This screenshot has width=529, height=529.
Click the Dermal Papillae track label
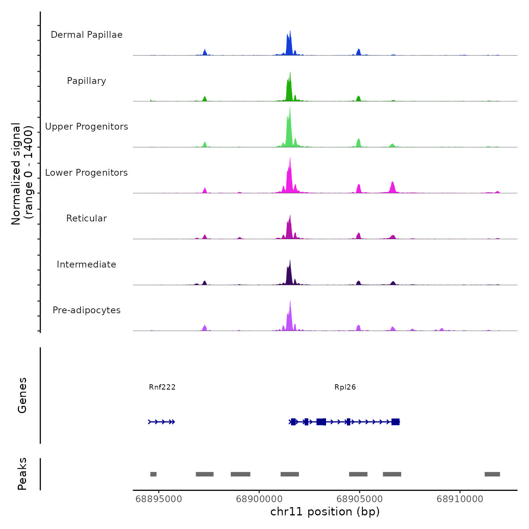point(87,35)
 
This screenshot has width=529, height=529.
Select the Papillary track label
point(87,81)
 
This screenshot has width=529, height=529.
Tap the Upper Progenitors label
point(87,127)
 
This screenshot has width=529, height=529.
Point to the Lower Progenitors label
point(87,173)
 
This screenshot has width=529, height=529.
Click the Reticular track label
point(87,218)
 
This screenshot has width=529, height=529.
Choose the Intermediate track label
point(87,264)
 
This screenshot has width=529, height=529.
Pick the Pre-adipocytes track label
point(87,310)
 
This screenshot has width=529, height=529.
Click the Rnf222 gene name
point(162,387)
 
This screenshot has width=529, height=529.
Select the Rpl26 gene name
point(345,387)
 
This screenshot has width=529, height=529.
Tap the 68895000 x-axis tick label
point(159,499)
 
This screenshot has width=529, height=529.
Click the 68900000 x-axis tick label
point(259,499)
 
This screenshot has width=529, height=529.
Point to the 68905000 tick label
point(359,499)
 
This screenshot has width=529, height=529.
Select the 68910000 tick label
point(460,499)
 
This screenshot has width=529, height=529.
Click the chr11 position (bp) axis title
point(325,512)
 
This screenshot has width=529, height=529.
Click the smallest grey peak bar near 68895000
point(153,474)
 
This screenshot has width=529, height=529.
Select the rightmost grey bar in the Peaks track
point(492,474)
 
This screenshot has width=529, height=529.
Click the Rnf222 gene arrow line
point(161,422)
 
